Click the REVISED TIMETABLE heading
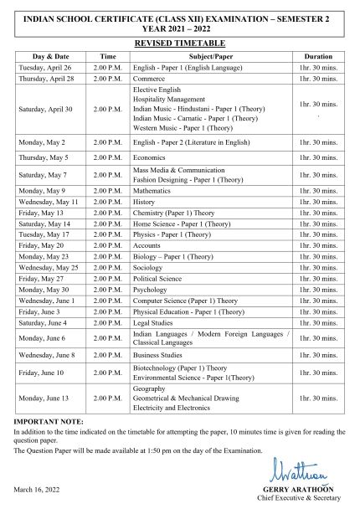tap(180, 41)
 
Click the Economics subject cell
tap(150, 157)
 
